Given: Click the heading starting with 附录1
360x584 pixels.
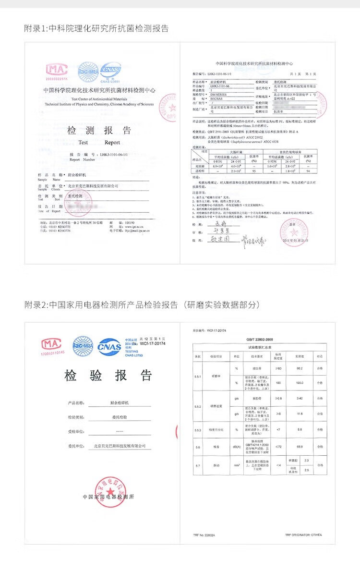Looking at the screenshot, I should [96, 28].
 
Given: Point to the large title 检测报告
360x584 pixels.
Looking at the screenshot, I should [99, 130].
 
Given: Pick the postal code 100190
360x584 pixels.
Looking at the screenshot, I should [130, 223].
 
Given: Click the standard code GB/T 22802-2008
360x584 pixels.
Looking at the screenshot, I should [260, 339].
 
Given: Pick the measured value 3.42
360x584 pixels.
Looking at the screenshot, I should [300, 399].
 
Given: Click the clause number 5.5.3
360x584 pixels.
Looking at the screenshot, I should [198, 429].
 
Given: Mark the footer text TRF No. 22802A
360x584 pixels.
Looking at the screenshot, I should [204, 535].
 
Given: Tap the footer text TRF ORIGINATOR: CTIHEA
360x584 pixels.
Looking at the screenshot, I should [303, 535].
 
